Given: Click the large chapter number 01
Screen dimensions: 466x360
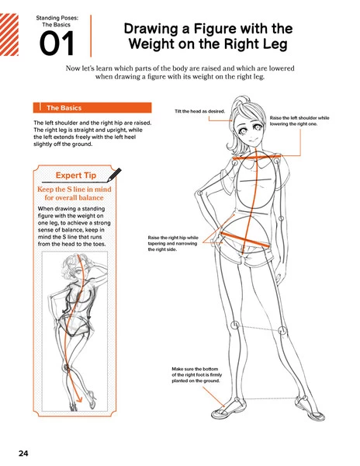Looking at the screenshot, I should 57,44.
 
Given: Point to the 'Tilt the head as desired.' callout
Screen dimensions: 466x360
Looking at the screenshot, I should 199,111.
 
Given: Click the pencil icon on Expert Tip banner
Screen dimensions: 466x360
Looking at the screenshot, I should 116,172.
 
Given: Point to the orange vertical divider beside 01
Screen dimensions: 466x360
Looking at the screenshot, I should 92,35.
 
